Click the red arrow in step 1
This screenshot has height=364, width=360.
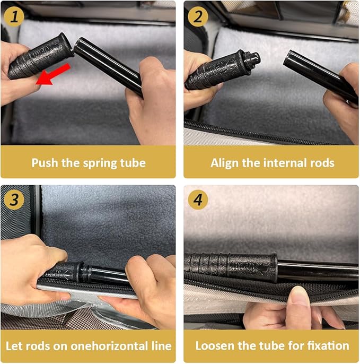[x=54, y=74]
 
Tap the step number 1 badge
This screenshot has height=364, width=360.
[x=14, y=17]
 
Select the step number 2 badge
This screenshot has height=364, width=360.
[x=198, y=17]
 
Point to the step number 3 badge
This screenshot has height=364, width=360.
[x=14, y=200]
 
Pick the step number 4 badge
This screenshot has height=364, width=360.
[x=198, y=200]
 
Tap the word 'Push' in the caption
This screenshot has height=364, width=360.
[x=45, y=163]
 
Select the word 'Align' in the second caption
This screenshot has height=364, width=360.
[x=225, y=163]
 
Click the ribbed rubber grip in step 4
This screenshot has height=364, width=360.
[x=231, y=266]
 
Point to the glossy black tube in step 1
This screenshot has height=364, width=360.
[x=108, y=66]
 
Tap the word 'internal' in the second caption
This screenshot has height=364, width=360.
[x=274, y=163]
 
